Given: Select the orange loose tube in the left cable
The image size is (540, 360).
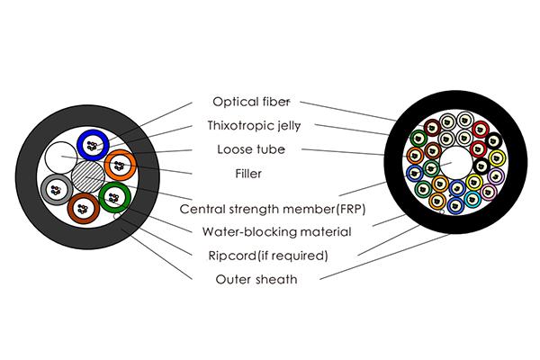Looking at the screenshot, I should coord(119,165).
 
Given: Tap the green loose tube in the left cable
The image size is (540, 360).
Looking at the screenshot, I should coord(113,195).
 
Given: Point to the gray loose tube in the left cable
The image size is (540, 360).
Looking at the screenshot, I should coord(56,187).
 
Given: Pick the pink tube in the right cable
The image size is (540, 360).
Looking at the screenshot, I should coord(488,192).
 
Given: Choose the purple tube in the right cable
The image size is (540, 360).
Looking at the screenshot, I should coord(496,175).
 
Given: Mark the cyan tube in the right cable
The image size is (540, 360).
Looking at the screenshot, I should coord(472,199).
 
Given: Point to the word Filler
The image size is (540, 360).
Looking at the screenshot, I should coord(250,170).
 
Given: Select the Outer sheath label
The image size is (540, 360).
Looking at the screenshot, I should coord(256,279).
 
